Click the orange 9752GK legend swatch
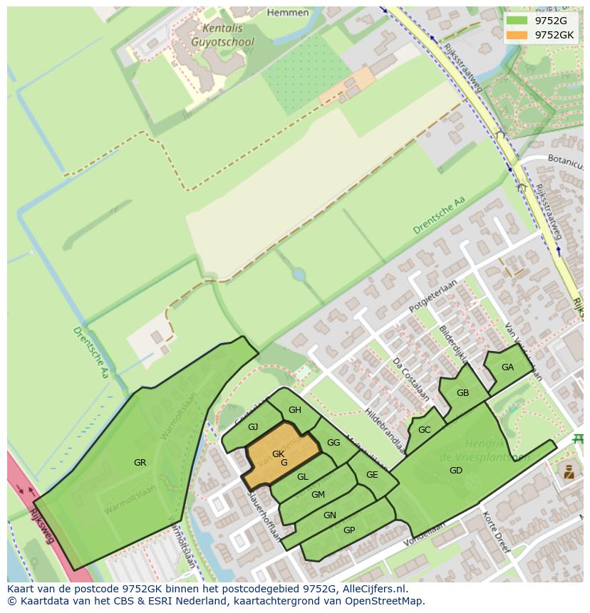[x=517, y=34]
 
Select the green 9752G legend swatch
[x=517, y=20]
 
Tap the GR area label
[x=140, y=463]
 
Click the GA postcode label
[x=507, y=367]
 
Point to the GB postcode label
[x=462, y=393]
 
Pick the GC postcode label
[x=424, y=430]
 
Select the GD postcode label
[x=455, y=471]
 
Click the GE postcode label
[x=372, y=475]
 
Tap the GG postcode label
[x=333, y=443]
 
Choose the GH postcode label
[x=295, y=410]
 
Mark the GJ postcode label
[x=253, y=427]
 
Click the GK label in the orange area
[x=278, y=454]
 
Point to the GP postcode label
[x=349, y=530]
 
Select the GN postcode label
[x=329, y=515]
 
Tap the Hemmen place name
[x=287, y=13]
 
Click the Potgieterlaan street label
[x=433, y=298]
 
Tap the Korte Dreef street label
[x=496, y=533]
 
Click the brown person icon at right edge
[x=568, y=471]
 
